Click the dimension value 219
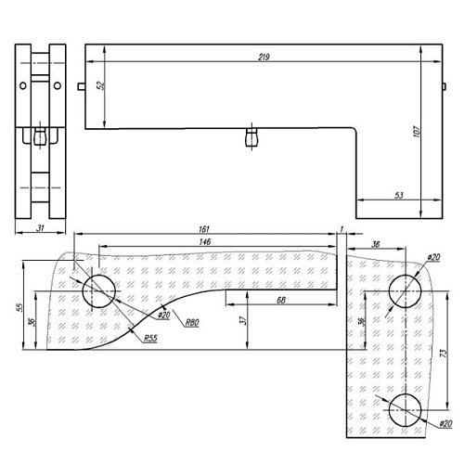[x=264, y=57]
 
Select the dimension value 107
[x=417, y=132]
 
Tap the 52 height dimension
[x=100, y=85]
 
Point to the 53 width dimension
[x=399, y=195]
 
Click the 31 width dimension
[x=41, y=228]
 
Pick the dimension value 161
[x=204, y=229]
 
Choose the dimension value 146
[x=205, y=241]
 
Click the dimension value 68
[x=281, y=300]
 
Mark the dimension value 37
[x=243, y=320]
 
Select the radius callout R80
[x=192, y=323]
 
